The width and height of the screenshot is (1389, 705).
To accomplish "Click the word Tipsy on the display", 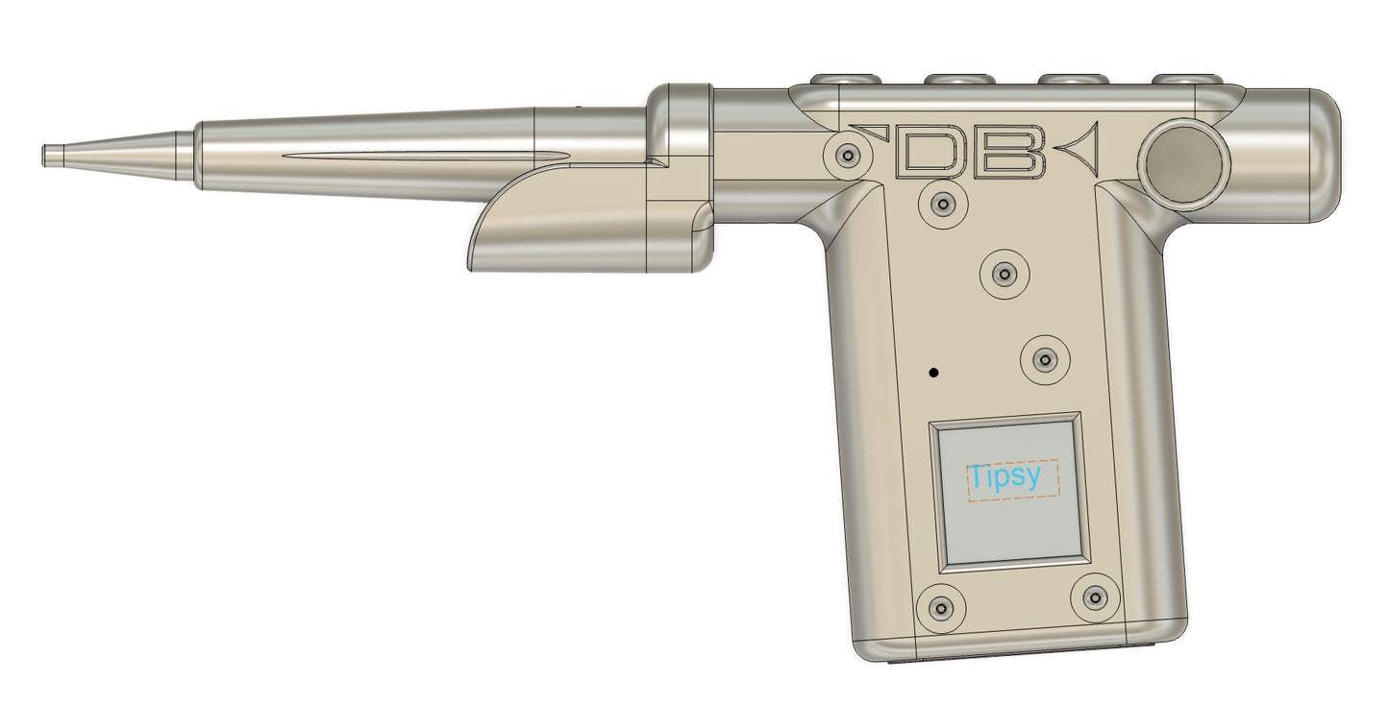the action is (1005, 477).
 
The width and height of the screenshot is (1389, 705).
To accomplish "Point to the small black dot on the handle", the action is (933, 373).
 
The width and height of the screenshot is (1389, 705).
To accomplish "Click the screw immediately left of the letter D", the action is (848, 156).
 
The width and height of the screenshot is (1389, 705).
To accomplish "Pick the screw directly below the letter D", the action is (943, 204).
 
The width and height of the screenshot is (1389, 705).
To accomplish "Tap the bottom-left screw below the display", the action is (941, 608).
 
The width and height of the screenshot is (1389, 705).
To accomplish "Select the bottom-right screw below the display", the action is (1095, 598).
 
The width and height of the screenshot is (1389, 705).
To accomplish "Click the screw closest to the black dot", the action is (1046, 360).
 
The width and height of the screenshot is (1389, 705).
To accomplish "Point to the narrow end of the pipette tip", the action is (44, 156).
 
